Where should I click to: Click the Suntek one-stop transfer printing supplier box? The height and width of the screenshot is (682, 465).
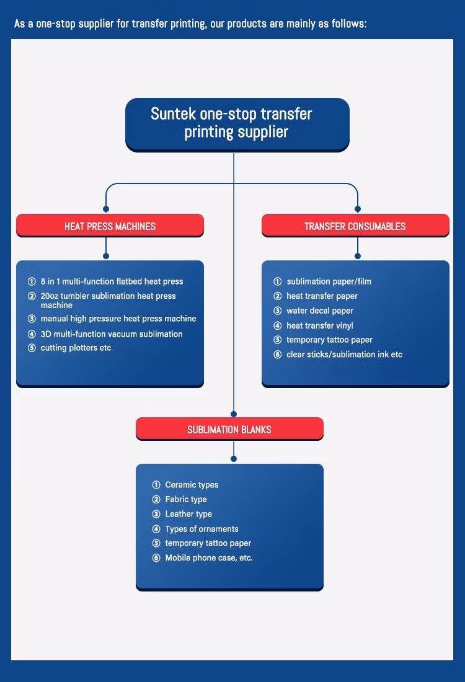coord(237,124)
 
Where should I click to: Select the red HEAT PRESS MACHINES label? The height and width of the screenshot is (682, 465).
coord(110,226)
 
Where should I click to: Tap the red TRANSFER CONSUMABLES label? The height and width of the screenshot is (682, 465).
coord(355,226)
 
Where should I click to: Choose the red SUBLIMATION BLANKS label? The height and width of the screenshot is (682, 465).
coord(229,430)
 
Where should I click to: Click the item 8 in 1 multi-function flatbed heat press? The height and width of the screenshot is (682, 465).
coord(112,281)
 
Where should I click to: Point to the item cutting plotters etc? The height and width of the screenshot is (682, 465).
coord(76,348)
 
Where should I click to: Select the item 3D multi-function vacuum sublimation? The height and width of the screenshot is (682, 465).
coord(112,334)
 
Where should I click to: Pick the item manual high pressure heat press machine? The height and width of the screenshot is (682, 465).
coord(118,319)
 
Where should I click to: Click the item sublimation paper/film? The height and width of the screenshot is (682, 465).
coord(329,281)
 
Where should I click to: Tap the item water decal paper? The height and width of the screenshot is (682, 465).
coord(320,311)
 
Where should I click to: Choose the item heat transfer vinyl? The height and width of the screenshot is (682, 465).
coord(320,325)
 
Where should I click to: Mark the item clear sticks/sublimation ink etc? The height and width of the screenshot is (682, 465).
coord(344,355)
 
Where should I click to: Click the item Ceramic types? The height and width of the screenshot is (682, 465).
coord(192,485)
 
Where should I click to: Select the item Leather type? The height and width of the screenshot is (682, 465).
coord(188,514)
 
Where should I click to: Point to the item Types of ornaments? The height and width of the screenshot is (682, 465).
coord(201,529)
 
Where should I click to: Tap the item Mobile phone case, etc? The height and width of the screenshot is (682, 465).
coord(209,558)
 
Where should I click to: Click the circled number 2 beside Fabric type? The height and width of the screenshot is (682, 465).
coord(156,500)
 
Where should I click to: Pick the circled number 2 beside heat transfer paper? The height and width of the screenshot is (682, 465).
coord(278,296)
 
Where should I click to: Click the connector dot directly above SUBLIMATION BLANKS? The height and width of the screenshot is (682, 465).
coord(234,414)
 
